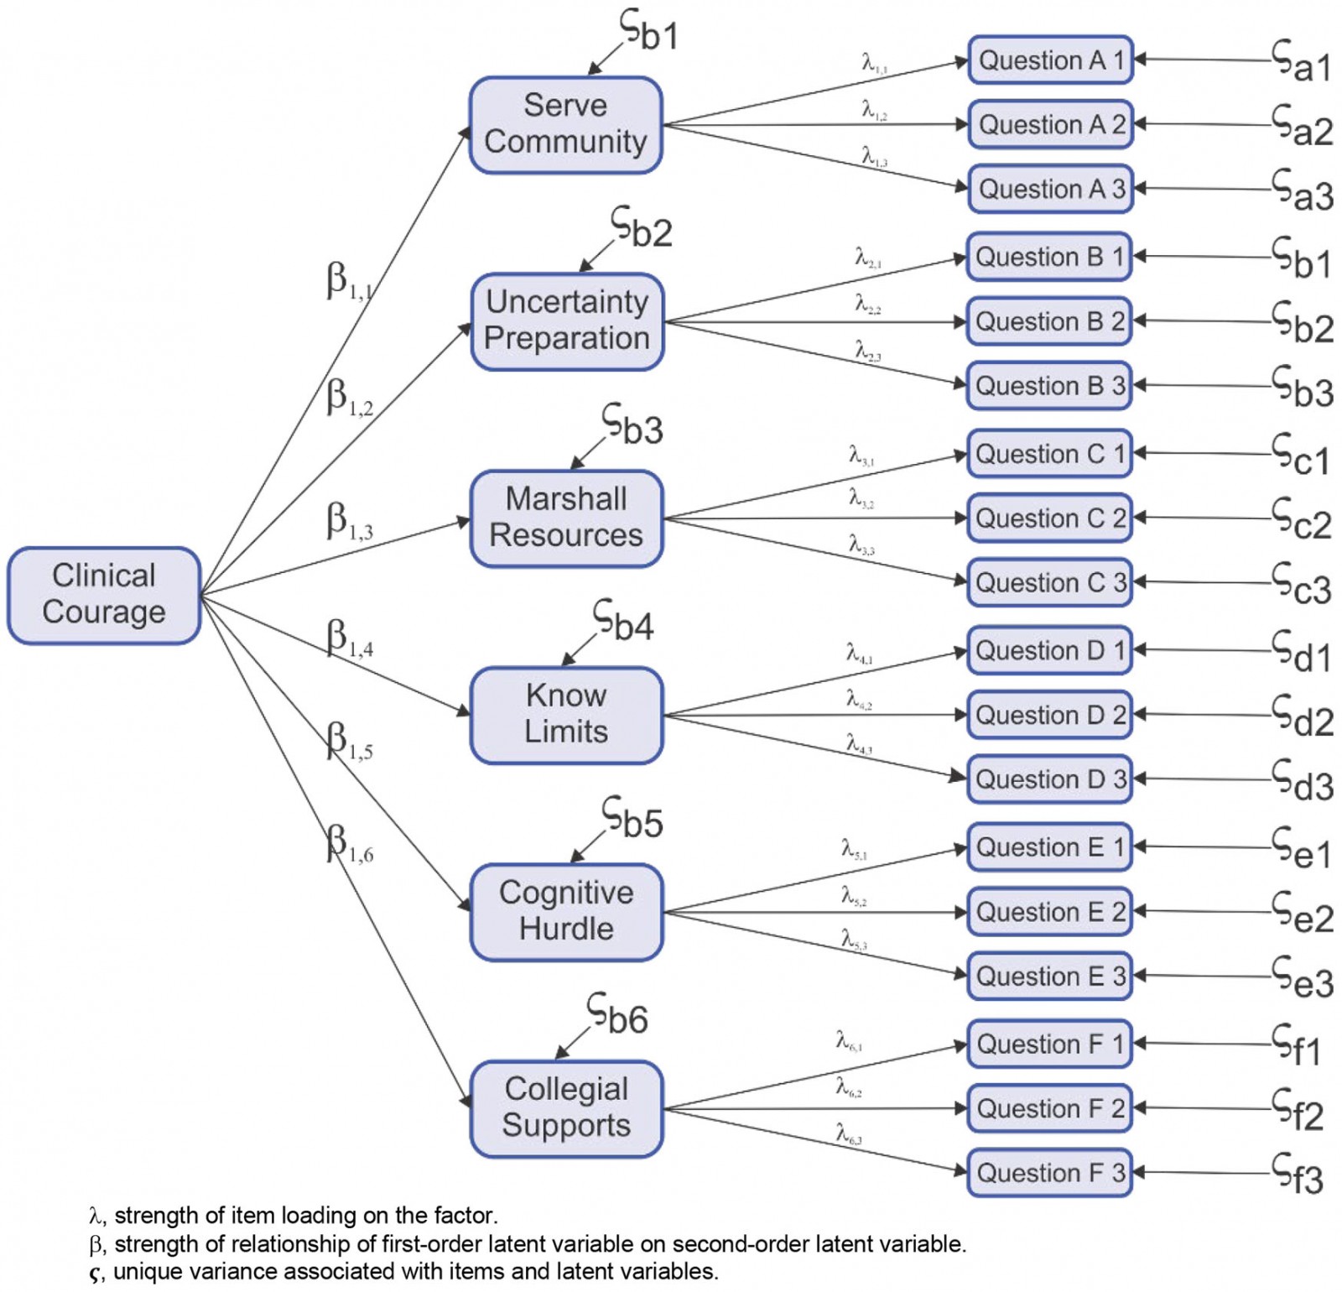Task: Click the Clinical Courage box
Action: click(104, 595)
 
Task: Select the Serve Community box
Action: click(566, 125)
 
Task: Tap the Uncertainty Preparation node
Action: click(567, 321)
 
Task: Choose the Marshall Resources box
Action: click(567, 518)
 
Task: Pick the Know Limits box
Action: click(567, 715)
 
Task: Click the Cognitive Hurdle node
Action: click(567, 912)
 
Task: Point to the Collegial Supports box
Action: click(567, 1108)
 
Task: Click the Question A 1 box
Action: click(1050, 60)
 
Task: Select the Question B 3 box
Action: click(1049, 386)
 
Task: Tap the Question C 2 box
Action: click(1049, 518)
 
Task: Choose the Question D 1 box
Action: click(1049, 650)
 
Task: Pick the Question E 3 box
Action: click(1049, 976)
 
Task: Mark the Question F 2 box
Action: click(1049, 1108)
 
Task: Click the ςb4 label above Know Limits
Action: click(623, 621)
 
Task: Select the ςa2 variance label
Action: click(1302, 127)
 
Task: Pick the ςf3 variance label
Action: click(1297, 1174)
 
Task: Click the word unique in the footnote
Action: click(140, 1272)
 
